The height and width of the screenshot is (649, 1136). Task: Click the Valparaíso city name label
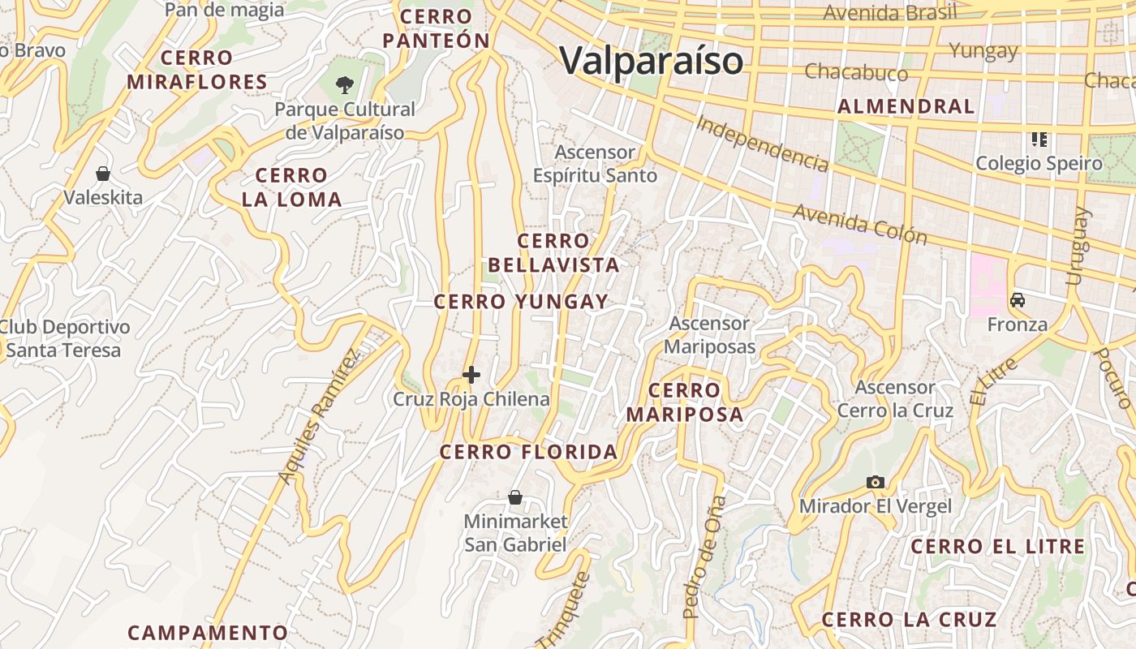click(x=652, y=61)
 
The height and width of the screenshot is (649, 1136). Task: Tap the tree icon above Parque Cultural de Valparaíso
click(x=346, y=84)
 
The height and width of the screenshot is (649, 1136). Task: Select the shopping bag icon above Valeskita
click(x=103, y=174)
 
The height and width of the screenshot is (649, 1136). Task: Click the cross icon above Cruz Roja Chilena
click(x=471, y=375)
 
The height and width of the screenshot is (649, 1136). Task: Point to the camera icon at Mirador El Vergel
click(x=874, y=482)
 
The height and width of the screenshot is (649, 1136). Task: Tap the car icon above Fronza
click(x=1017, y=300)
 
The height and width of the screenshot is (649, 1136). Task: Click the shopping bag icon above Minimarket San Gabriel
click(x=514, y=497)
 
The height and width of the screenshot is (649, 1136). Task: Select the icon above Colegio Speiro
click(x=1039, y=140)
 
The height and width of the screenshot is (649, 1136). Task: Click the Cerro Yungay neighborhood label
click(x=521, y=303)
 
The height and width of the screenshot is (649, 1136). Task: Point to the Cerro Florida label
click(x=529, y=452)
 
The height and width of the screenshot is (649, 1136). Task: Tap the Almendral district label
click(x=906, y=106)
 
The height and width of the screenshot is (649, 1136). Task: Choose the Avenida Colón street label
click(x=859, y=224)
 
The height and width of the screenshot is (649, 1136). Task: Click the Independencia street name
click(x=762, y=144)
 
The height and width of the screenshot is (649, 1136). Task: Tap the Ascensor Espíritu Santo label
click(x=595, y=163)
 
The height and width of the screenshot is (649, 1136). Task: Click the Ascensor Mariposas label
click(x=710, y=335)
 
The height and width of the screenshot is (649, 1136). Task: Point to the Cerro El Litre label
click(x=997, y=547)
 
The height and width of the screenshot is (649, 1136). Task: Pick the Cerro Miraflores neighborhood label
click(x=197, y=70)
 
